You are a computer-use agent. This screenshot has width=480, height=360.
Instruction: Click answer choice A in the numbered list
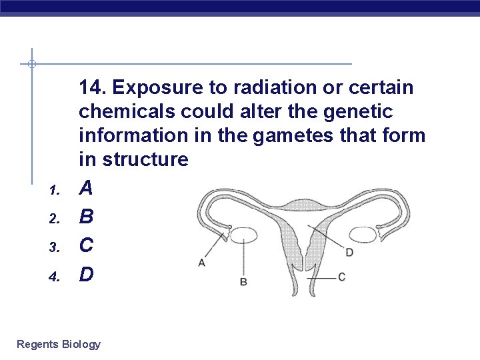pyautogui.click(x=86, y=189)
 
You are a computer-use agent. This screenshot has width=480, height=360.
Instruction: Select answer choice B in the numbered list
pyautogui.click(x=86, y=217)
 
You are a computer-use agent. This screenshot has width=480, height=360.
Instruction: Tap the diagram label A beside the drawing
pyautogui.click(x=201, y=263)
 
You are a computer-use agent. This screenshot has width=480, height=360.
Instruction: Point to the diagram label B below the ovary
pyautogui.click(x=243, y=282)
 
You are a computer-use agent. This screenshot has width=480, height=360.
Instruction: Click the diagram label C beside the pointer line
pyautogui.click(x=341, y=277)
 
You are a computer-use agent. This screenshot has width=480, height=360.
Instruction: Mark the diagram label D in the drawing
pyautogui.click(x=349, y=253)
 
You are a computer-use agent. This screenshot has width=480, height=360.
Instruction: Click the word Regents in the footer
pyautogui.click(x=37, y=344)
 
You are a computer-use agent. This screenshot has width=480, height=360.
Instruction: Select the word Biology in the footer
pyautogui.click(x=81, y=344)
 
